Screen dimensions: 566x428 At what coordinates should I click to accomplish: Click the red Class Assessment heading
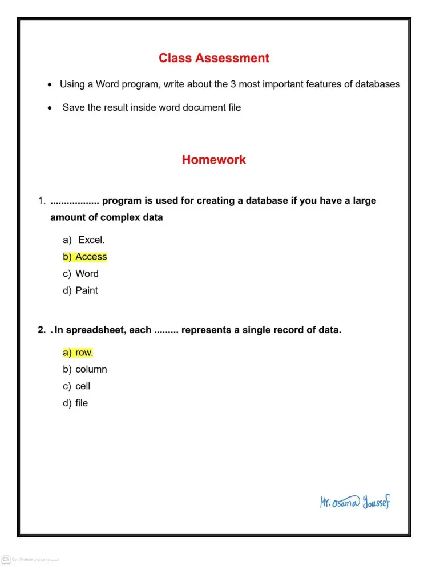[214, 58]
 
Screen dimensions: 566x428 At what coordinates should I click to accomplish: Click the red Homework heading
[214, 160]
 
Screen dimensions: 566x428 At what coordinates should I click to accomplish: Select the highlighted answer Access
[91, 257]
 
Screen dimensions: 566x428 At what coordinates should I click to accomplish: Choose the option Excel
[91, 240]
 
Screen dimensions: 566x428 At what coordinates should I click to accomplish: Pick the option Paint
[86, 290]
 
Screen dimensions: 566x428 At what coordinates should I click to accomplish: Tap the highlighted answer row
[84, 353]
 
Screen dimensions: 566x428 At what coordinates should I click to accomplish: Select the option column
[91, 369]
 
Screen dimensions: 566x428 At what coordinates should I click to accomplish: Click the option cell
[83, 386]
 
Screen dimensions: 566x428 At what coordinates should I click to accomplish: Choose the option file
[82, 403]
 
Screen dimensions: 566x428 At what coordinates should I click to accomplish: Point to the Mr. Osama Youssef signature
[355, 502]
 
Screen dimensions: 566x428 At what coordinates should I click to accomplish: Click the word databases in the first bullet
[377, 84]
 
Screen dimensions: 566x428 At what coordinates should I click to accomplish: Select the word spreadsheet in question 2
[93, 330]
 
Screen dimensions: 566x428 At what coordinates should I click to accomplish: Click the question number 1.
[41, 201]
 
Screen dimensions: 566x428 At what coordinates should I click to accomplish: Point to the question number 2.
[41, 330]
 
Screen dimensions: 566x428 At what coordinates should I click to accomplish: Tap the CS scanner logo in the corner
[6, 559]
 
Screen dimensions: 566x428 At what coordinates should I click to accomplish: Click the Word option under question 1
[87, 274]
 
